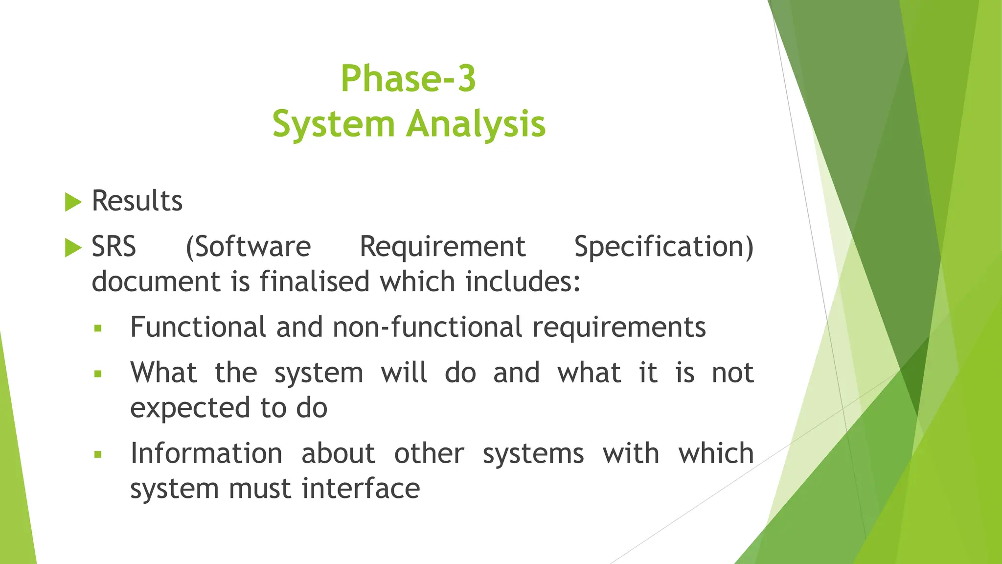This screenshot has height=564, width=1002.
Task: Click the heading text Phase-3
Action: coord(408,78)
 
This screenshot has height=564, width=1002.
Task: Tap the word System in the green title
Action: coord(333,124)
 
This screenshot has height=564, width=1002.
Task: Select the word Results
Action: coord(137,201)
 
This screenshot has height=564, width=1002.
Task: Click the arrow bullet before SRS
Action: coord(73,248)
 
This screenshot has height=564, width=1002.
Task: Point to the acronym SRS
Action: coord(114,246)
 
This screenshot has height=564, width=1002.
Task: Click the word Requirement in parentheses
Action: coord(442,246)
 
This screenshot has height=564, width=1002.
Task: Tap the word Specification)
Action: coord(663,246)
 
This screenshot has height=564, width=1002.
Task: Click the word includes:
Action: coord(523,282)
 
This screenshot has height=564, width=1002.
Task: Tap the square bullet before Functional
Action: coord(98,329)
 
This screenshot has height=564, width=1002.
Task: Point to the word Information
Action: coord(206,453)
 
